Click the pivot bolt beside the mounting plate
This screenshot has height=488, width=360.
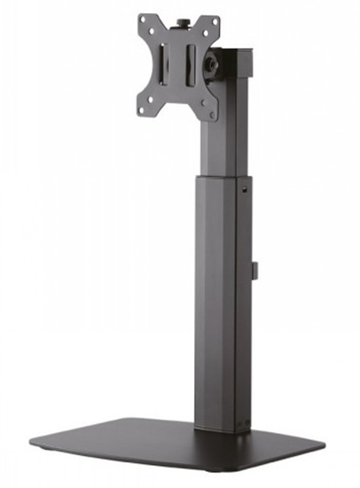coord(213,66)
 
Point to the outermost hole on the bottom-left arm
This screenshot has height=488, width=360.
coord(145,106)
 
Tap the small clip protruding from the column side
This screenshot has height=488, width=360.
coord(254,270)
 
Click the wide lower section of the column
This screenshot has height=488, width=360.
coord(222,311)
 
